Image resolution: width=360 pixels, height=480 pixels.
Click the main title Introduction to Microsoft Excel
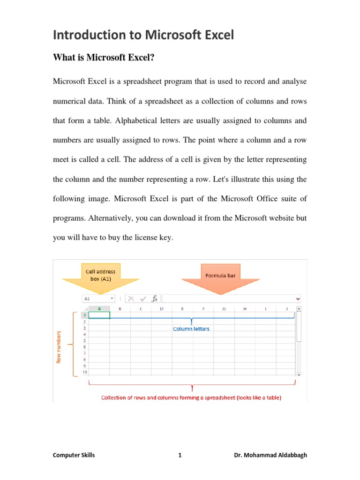(143, 35)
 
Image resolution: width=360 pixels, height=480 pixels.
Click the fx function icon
(154, 299)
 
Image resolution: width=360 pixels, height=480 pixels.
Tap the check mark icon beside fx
(142, 299)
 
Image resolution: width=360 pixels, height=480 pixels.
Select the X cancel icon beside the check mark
(131, 299)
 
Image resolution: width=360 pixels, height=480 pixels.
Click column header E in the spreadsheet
(182, 309)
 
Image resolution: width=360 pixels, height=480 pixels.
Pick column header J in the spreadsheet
(286, 309)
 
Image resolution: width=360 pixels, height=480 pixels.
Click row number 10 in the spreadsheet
(84, 372)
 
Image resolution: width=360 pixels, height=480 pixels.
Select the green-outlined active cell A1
(99, 315)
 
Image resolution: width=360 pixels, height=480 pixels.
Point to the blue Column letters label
(191, 329)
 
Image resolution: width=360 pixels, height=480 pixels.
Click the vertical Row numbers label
(59, 346)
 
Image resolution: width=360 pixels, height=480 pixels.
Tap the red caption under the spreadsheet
(191, 397)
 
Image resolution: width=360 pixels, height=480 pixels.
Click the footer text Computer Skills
(74, 455)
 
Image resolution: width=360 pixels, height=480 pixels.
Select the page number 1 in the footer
(180, 455)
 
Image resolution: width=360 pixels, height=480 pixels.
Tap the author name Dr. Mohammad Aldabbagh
(270, 455)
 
